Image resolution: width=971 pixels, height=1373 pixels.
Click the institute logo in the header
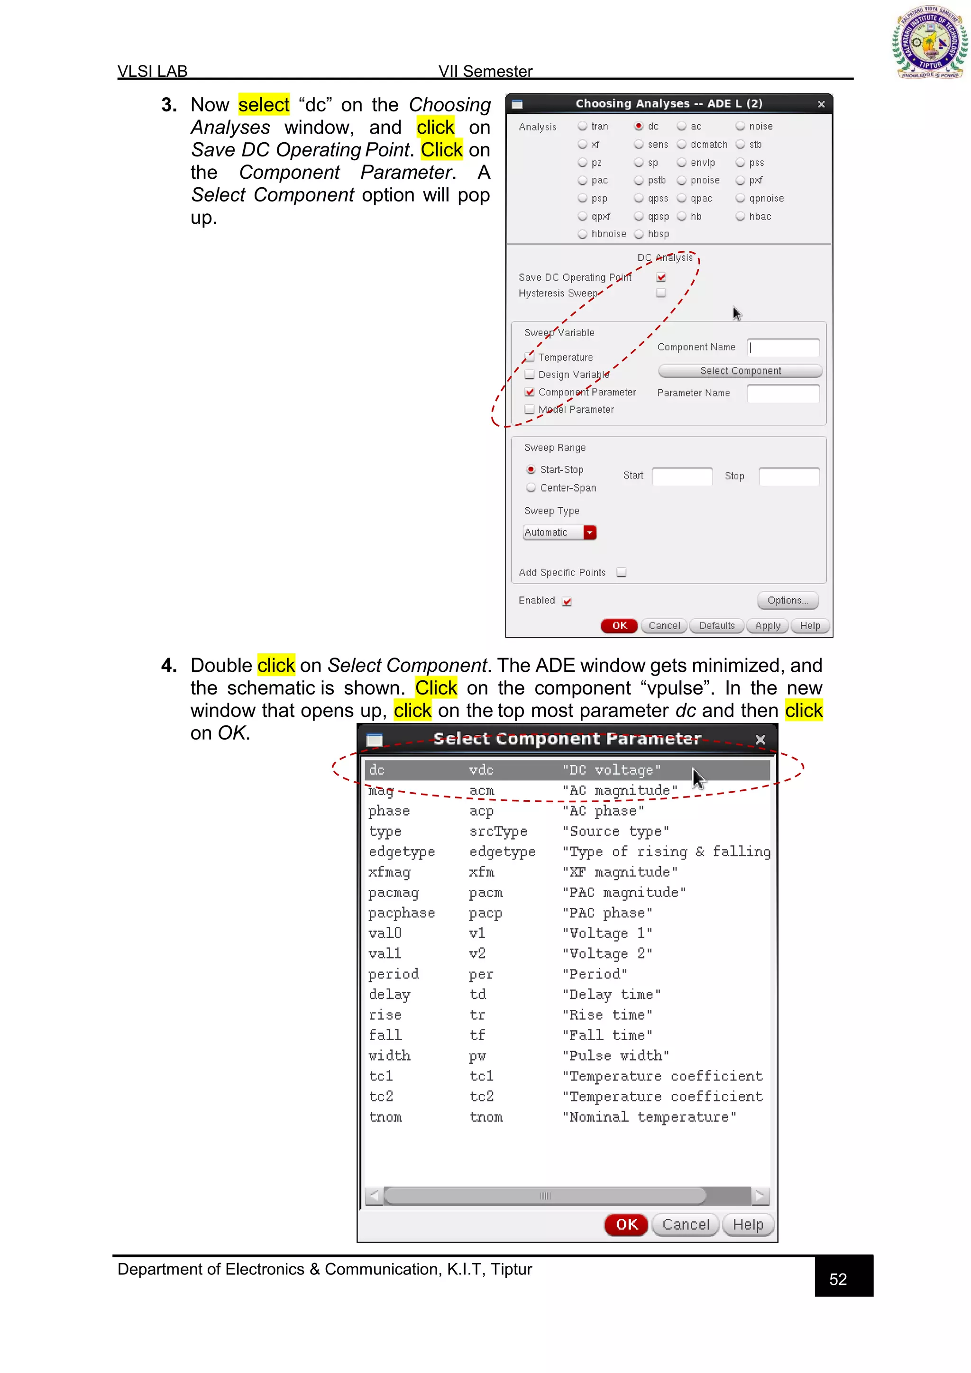929,42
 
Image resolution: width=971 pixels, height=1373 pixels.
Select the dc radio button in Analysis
639,126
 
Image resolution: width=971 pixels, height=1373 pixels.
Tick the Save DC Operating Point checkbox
660,277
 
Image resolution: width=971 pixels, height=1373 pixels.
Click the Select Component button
740,371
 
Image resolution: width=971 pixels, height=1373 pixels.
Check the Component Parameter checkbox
530,392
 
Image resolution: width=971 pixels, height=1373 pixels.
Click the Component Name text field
783,348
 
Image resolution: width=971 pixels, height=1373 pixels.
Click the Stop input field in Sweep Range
788,476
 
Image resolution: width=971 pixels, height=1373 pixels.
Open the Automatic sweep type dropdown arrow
589,532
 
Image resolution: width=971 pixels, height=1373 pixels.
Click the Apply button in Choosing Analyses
767,625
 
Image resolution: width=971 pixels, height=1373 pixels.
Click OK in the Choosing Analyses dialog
619,625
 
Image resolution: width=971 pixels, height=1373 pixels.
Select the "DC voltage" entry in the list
611,770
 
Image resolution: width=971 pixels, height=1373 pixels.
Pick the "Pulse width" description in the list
615,1055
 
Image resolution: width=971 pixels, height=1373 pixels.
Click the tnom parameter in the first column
385,1117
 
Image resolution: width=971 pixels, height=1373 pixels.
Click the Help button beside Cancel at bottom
748,1225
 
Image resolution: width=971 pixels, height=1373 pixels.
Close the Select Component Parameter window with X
760,740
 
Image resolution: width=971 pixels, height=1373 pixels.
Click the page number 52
838,1279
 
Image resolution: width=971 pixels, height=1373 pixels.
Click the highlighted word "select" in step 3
264,105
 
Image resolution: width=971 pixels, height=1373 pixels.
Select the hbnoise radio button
582,234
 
